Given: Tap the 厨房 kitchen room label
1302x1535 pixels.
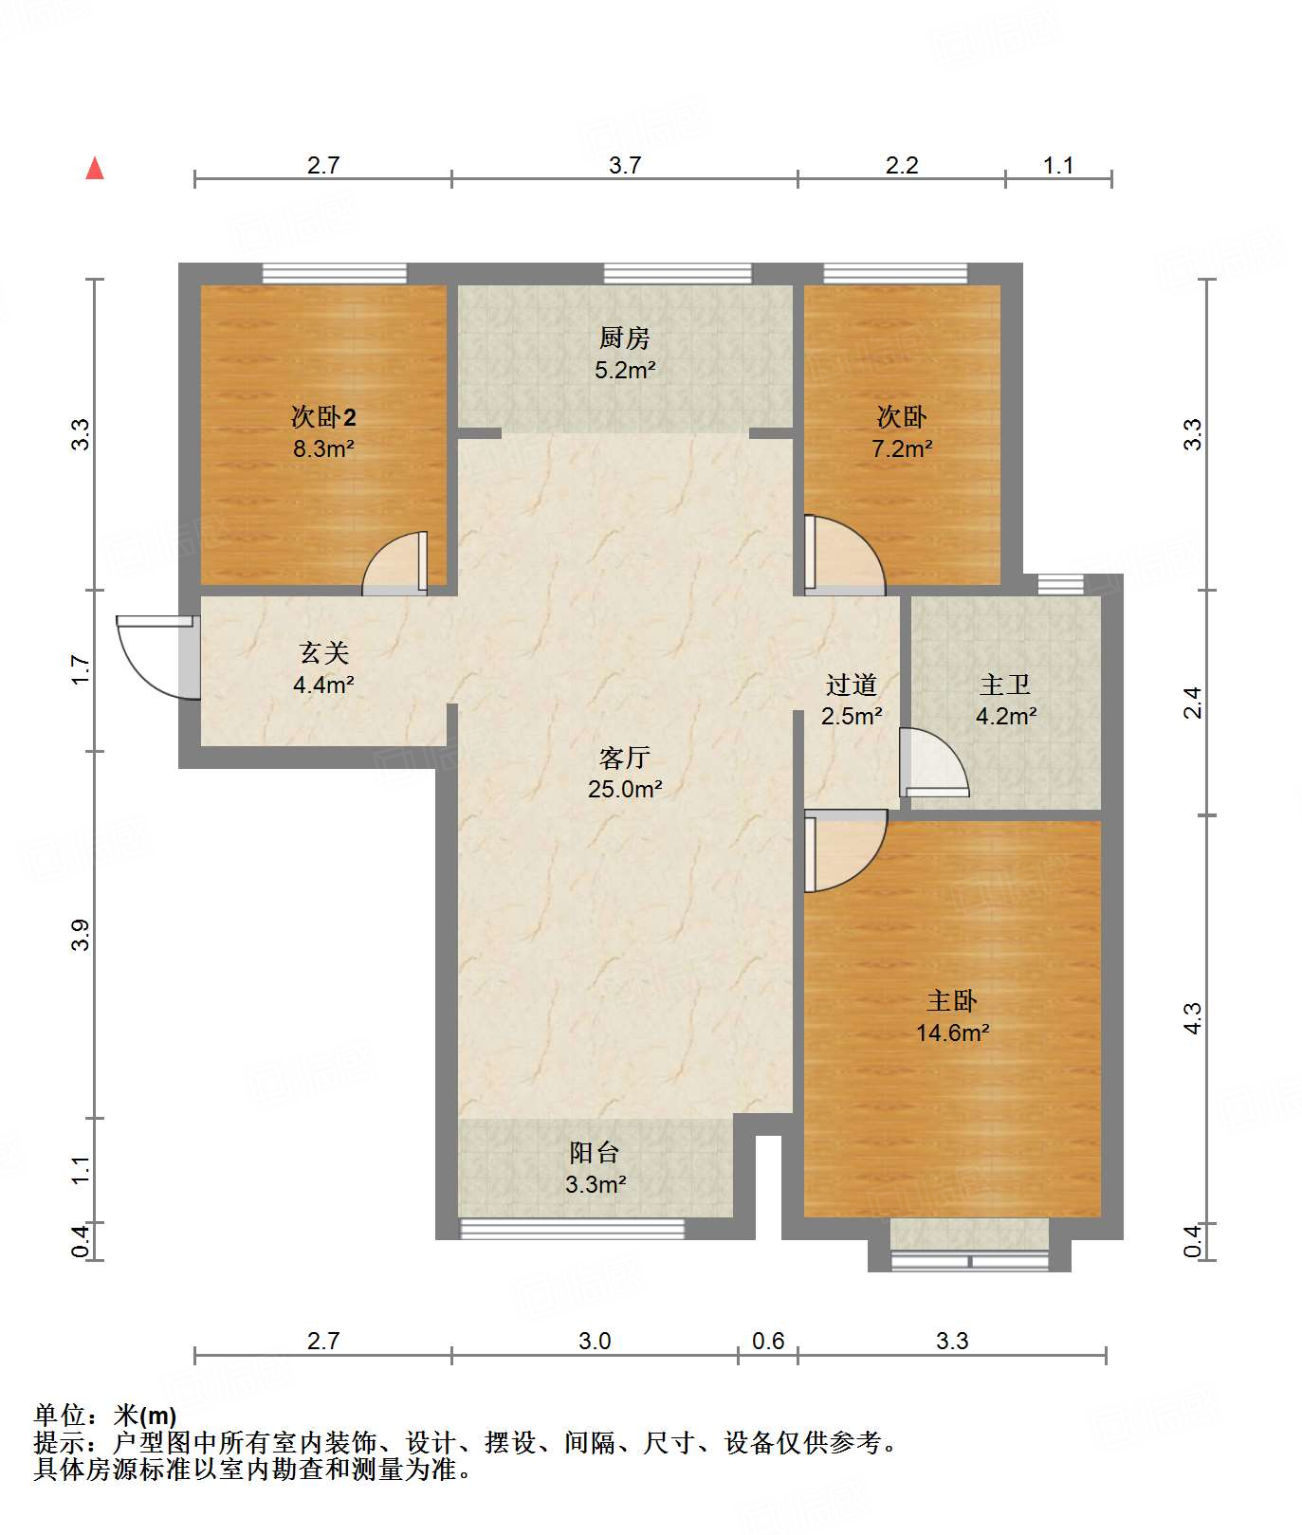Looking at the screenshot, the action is [x=625, y=338].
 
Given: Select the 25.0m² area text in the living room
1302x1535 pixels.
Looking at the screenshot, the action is [x=625, y=789].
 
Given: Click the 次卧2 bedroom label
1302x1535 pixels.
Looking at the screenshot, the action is [x=323, y=416].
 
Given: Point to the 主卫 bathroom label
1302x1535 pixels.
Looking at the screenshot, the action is [x=1005, y=684].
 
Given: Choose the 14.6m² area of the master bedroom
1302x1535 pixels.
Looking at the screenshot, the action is [x=952, y=1032].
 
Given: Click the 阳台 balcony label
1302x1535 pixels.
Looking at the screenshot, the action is [x=595, y=1152].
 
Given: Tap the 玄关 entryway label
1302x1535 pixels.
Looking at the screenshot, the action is [x=324, y=652].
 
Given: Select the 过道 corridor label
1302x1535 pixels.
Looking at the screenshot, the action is [x=851, y=685].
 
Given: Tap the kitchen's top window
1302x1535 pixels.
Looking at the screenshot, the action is [x=678, y=274].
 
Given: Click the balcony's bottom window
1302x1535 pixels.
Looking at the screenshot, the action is [x=572, y=1229].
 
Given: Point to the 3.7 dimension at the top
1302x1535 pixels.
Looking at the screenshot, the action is [x=625, y=165].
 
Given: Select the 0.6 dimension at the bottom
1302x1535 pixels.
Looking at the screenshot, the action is [x=768, y=1341].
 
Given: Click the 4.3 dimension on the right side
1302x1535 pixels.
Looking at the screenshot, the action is [x=1193, y=1018].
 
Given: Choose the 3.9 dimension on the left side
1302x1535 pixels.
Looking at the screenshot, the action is [x=82, y=935].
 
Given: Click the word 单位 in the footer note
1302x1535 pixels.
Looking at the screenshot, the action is [x=61, y=1416].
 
